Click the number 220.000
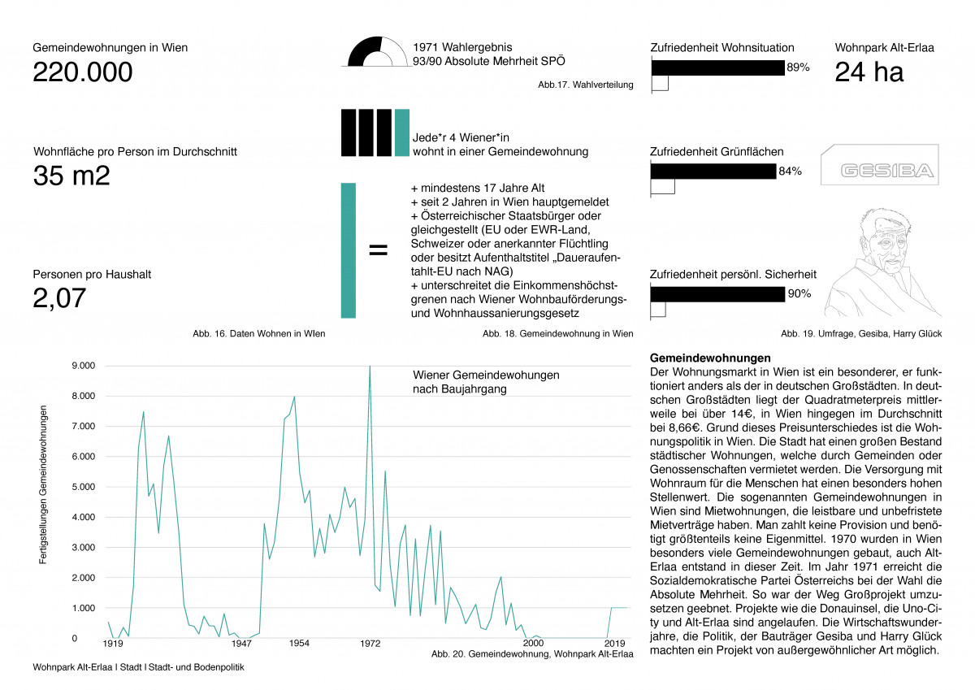[82, 72]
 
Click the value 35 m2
[71, 176]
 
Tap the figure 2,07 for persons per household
[59, 298]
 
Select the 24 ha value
[869, 72]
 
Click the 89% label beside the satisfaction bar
[797, 68]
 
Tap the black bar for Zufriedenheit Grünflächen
[713, 171]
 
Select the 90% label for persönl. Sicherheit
[799, 294]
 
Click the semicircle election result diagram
[378, 54]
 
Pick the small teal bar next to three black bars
[401, 132]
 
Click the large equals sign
[378, 250]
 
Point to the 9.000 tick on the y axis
[84, 366]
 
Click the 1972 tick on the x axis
[370, 644]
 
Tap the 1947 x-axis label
[241, 644]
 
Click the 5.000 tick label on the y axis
[84, 487]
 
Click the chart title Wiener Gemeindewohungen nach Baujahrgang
[486, 382]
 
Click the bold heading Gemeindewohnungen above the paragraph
[710, 358]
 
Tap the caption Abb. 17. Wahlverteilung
[585, 85]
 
